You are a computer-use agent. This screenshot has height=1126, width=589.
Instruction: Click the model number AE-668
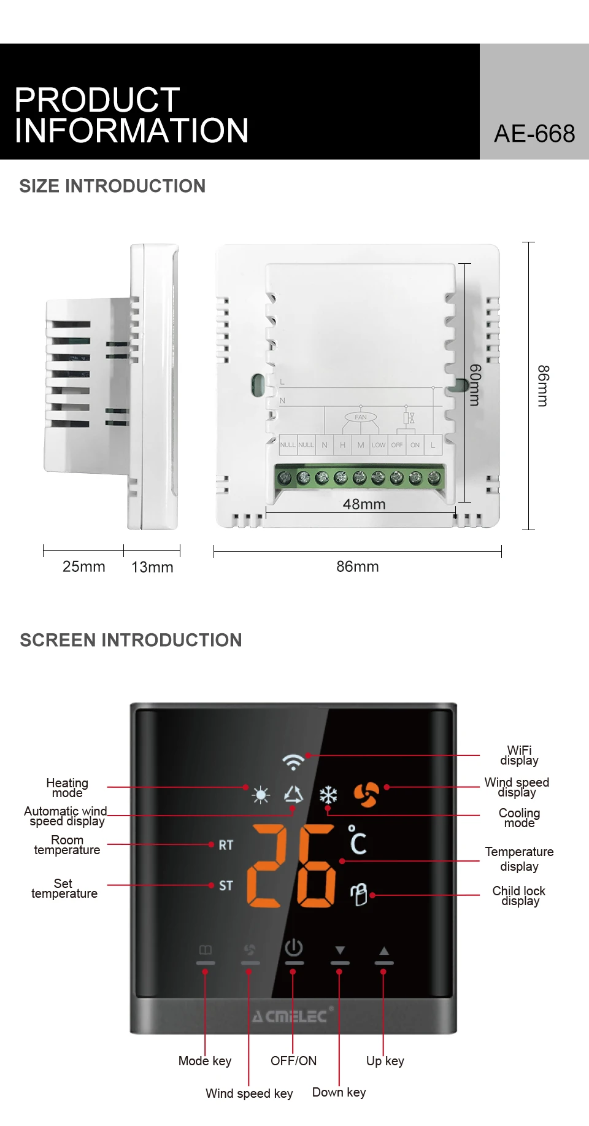click(534, 134)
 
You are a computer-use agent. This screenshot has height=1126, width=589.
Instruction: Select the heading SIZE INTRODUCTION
click(112, 186)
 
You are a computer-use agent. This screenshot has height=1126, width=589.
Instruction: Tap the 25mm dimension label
click(84, 566)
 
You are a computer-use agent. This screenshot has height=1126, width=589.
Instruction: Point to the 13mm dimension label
click(152, 567)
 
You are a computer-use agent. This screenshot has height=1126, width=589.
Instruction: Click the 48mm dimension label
click(364, 504)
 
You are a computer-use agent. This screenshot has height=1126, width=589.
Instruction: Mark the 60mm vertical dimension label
click(474, 385)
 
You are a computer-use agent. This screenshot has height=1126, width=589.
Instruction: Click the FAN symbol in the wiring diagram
click(361, 417)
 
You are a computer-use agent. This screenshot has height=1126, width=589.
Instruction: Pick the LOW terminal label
click(379, 445)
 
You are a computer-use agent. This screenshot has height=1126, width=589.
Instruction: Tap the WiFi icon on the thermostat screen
click(293, 762)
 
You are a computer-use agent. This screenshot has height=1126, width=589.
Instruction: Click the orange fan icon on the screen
click(366, 795)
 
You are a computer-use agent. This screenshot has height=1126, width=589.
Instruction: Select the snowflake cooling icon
click(328, 795)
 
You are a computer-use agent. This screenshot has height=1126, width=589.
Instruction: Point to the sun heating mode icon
click(261, 795)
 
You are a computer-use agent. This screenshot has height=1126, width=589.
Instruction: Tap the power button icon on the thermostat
click(294, 948)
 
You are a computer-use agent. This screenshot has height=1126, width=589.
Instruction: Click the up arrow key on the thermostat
click(384, 951)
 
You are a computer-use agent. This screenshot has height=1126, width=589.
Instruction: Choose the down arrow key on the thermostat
click(340, 951)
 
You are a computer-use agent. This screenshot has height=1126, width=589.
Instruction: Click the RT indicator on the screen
click(226, 845)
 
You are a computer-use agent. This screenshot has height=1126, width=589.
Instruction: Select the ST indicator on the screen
click(226, 885)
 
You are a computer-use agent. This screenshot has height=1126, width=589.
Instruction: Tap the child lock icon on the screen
click(359, 895)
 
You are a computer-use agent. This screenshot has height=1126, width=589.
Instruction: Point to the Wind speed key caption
click(249, 1093)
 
